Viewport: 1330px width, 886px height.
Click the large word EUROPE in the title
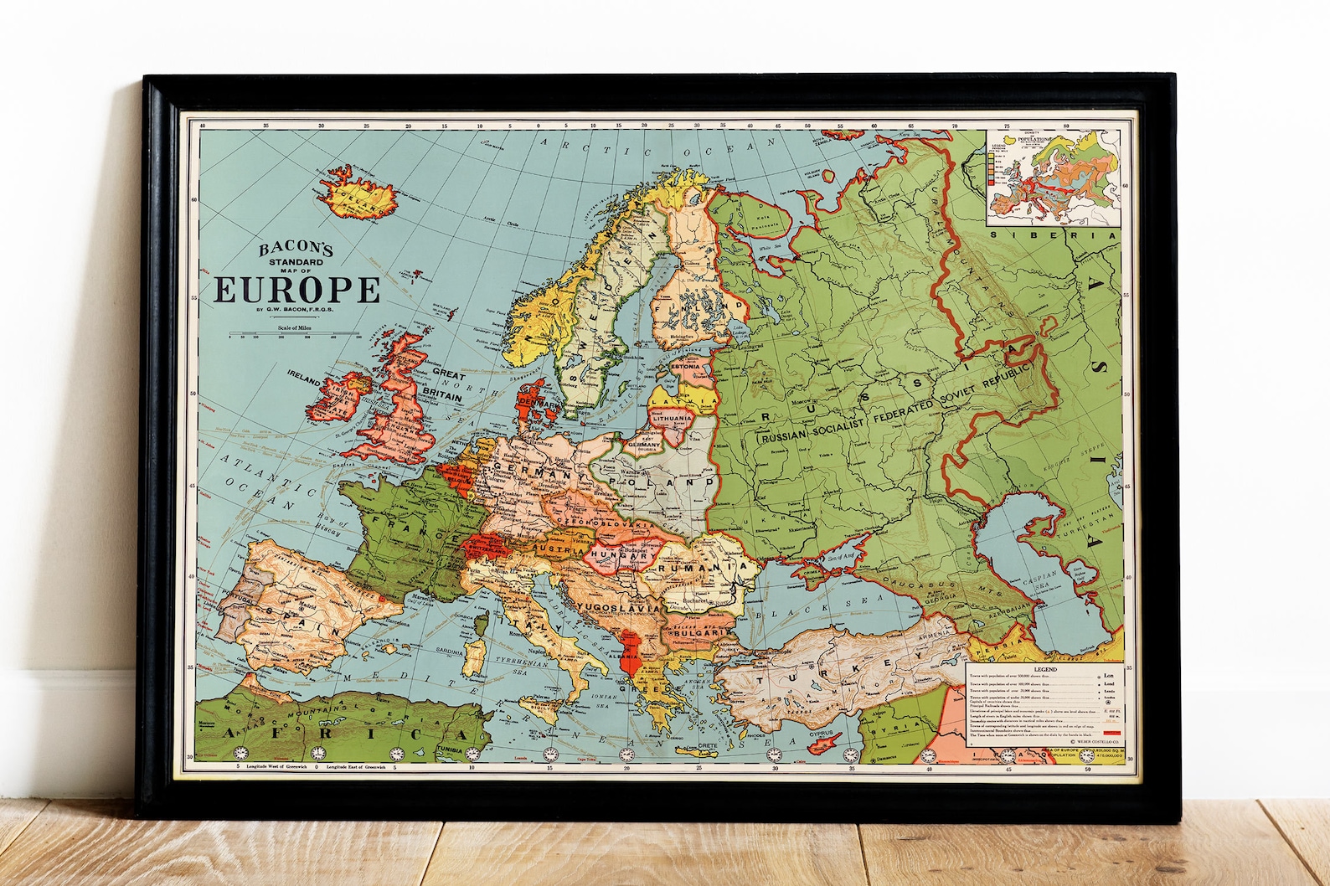[298, 289]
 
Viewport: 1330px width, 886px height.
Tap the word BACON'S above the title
[296, 249]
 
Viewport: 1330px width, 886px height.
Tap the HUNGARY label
[624, 555]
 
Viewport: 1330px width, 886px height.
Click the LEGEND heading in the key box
[1044, 669]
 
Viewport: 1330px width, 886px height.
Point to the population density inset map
[1053, 178]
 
